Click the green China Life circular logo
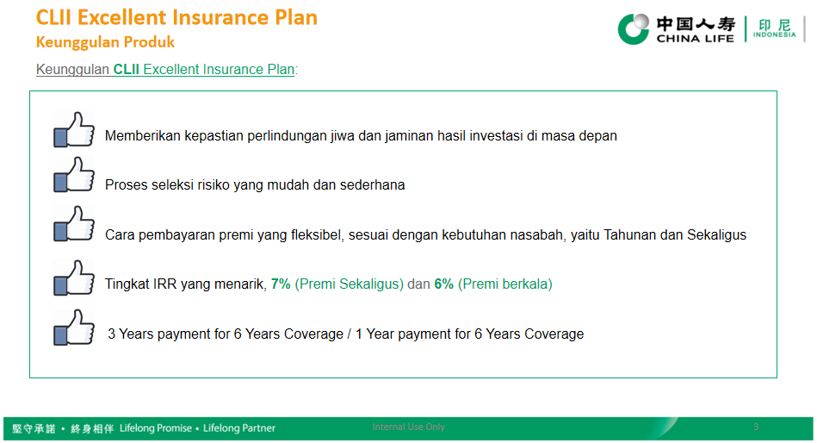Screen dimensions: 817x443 coord(634,28)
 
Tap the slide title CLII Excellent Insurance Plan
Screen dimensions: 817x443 coord(176,18)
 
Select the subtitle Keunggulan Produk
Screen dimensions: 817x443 coord(105,41)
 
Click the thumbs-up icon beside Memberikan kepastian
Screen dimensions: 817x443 coord(74,129)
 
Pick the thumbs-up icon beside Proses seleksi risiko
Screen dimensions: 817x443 coord(74,174)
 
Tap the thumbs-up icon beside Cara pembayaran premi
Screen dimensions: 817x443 coord(74,224)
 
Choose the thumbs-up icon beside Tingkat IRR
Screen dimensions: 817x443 coord(74,278)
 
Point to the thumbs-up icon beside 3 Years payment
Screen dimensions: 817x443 coord(74,328)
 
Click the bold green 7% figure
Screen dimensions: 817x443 coord(281,284)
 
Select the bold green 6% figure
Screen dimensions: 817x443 coord(444,284)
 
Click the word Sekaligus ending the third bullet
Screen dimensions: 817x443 coord(716,234)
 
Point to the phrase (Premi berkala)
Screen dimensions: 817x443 coord(504,284)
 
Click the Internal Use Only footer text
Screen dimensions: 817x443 coord(408,427)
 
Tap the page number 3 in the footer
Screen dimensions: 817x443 coord(756,427)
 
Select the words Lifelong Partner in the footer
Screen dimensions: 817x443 coord(239,427)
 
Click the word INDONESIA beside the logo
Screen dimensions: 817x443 coord(774,35)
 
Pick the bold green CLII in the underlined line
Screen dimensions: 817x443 coord(126,70)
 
